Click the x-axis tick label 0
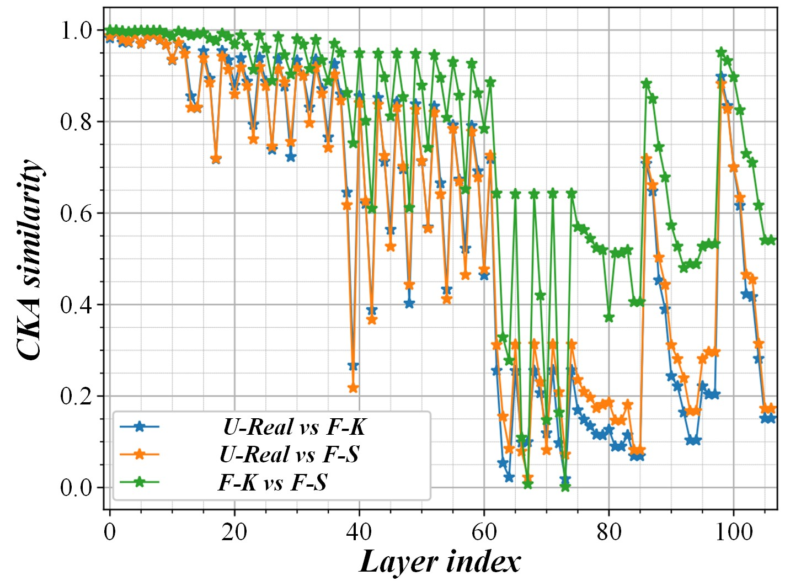[x=110, y=532]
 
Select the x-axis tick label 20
[x=234, y=532]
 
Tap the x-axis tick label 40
[x=359, y=532]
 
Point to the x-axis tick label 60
[x=484, y=532]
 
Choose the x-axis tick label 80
[x=609, y=532]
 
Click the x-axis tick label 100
[x=733, y=532]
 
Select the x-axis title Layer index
[x=440, y=562]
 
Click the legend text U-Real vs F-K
[x=294, y=427]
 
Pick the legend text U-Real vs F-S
[x=289, y=454]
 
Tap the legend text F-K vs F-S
[x=273, y=482]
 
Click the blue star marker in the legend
[x=140, y=427]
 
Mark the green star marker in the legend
[x=140, y=482]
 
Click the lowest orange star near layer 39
[x=353, y=388]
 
